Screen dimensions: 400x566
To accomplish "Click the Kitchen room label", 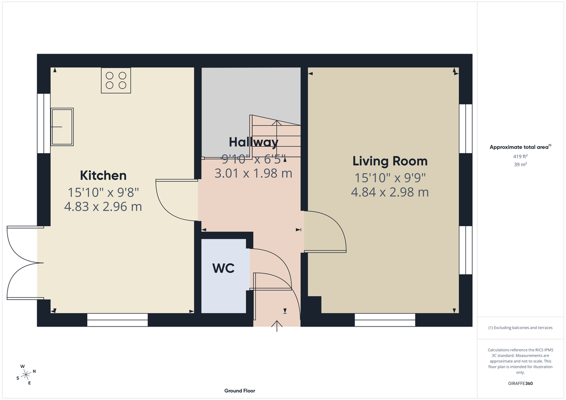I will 103,176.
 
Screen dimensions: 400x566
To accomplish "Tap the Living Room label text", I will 390,161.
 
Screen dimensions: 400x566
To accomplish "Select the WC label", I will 224,268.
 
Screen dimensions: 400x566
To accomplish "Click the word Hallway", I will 253,142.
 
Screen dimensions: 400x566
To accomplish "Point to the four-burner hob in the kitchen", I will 116,80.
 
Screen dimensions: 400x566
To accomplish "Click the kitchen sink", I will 62,126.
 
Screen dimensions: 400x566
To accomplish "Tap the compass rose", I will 26,374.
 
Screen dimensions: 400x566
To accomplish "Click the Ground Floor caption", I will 240,391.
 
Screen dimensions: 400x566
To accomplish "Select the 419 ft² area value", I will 521,156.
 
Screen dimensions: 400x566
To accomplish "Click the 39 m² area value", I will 521,164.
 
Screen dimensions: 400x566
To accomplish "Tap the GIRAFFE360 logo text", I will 521,384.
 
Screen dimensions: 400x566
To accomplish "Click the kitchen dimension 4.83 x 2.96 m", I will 103,206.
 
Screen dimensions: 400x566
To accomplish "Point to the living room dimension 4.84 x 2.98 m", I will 390,192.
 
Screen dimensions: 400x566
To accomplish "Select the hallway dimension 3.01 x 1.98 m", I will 253,173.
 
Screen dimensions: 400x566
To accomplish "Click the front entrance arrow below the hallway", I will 277,326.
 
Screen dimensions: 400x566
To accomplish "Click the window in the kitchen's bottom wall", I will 117,322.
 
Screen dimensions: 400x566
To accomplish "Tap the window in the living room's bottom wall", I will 385,322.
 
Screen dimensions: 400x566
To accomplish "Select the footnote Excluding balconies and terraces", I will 520,327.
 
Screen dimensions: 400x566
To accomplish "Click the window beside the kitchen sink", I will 43,123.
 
